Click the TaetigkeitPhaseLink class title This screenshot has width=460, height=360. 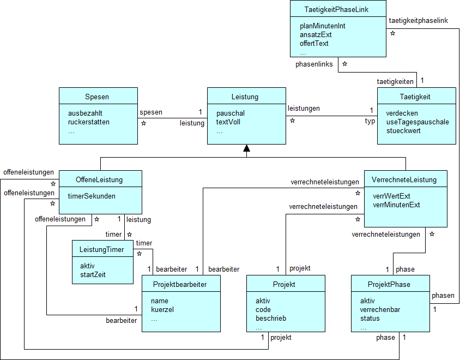(x=337, y=9)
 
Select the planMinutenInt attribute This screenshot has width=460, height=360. (x=322, y=26)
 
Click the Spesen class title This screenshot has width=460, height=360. (x=98, y=97)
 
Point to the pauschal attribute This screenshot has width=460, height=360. (x=231, y=113)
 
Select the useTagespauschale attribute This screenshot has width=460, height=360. (x=417, y=122)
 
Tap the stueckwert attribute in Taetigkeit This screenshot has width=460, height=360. (x=403, y=130)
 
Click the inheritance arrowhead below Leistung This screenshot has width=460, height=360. (x=246, y=148)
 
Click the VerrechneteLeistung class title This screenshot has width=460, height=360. (x=405, y=179)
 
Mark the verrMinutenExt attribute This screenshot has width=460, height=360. (x=396, y=205)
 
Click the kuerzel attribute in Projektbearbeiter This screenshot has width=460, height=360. (x=162, y=309)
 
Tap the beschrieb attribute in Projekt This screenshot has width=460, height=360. (x=271, y=318)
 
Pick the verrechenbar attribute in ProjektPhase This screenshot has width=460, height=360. (x=380, y=309)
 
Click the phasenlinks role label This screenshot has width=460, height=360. (x=314, y=64)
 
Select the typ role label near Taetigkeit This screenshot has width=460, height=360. (x=370, y=121)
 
